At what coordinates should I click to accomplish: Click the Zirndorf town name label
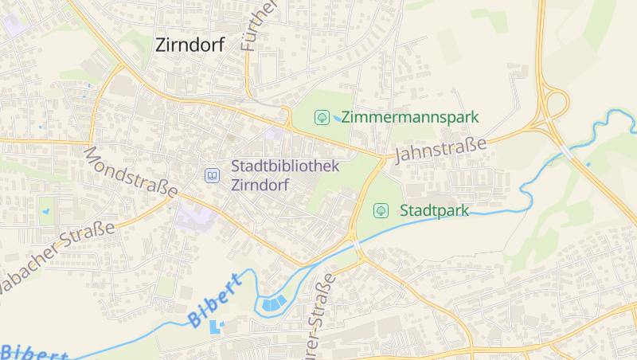(x=190, y=45)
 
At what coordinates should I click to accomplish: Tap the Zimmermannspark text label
(x=410, y=117)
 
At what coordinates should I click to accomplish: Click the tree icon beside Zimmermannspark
(x=322, y=117)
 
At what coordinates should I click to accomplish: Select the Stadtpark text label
(x=434, y=211)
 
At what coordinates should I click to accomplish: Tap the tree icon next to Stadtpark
(x=381, y=211)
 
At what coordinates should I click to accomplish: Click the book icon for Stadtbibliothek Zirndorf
(x=212, y=175)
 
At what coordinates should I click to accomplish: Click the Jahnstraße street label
(x=440, y=149)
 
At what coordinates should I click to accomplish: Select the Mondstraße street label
(x=131, y=171)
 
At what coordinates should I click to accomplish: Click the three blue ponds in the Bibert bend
(x=272, y=303)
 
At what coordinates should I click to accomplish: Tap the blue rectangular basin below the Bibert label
(x=216, y=327)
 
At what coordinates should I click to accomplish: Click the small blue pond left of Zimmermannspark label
(x=338, y=119)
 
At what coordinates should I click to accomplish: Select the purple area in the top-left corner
(x=16, y=22)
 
